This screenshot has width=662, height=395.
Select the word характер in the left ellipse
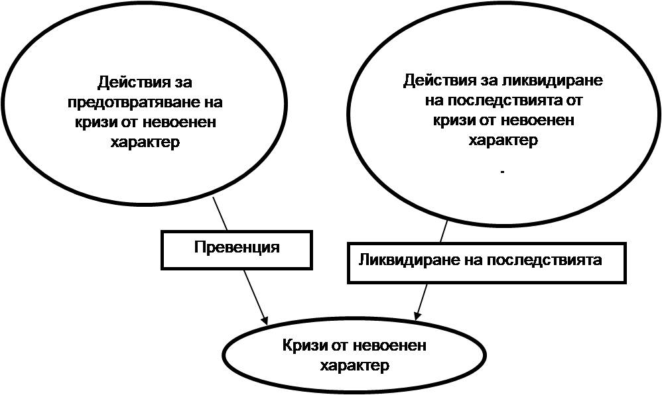point(147,142)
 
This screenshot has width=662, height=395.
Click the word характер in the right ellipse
point(503,141)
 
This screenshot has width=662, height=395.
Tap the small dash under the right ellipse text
point(503,172)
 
